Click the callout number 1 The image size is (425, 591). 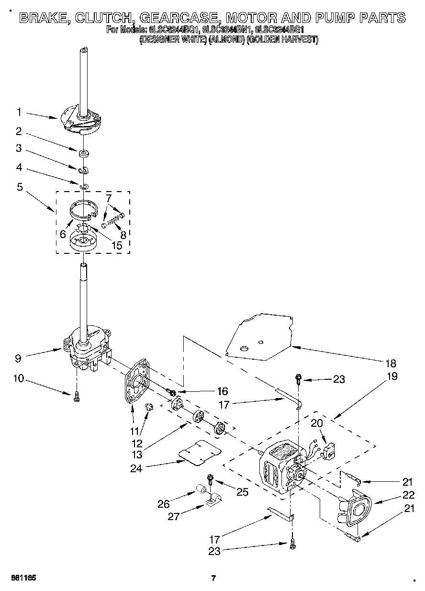(x=19, y=112)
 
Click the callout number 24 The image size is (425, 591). (x=137, y=468)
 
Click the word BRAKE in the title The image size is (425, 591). (x=43, y=18)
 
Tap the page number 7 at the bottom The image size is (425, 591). (x=214, y=578)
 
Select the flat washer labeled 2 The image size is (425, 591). (x=84, y=153)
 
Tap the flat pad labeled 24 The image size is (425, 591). (x=200, y=452)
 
